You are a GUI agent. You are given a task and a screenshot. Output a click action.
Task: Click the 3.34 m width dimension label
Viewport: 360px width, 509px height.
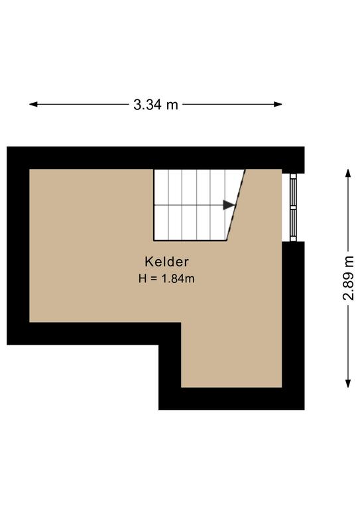coord(156,105)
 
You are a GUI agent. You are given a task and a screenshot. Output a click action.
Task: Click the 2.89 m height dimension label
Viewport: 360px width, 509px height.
coord(349,278)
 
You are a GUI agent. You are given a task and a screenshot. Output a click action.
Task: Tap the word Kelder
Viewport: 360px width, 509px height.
coord(166,262)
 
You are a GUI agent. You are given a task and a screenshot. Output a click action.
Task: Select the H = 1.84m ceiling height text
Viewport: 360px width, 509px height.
coord(166,278)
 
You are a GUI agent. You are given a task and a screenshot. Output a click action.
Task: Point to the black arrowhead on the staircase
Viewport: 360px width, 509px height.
coord(229,205)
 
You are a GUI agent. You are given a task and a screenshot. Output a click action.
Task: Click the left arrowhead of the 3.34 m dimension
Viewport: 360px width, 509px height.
coord(33,104)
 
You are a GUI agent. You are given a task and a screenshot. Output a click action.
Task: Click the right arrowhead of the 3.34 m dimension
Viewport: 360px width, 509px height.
coord(278,104)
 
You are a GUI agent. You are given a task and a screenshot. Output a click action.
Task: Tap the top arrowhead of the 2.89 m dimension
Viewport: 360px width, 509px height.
coord(348,173)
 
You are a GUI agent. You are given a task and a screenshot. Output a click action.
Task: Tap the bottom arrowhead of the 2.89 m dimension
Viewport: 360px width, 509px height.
coord(348,383)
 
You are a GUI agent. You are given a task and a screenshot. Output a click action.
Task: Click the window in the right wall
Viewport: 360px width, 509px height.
coord(293,207)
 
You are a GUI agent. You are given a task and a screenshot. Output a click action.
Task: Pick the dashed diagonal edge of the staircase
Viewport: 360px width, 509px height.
coord(235,205)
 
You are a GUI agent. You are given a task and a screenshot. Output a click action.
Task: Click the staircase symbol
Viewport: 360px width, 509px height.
coord(199,205)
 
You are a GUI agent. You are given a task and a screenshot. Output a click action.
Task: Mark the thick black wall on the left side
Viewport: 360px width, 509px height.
coord(18,246)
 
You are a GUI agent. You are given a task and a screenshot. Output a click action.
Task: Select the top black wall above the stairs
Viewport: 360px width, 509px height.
coord(156,158)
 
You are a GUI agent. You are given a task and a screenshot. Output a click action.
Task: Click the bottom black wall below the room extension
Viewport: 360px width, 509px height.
coord(231,398)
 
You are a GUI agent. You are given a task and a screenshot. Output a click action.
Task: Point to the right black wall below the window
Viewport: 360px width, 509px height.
coord(293,325)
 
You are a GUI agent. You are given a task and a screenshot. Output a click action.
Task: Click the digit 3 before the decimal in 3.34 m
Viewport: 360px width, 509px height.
coord(137,105)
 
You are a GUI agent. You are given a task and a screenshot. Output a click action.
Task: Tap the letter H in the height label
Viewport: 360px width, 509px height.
coord(142,278)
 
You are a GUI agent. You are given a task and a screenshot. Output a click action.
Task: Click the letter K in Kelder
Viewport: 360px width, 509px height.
coord(149,262)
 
